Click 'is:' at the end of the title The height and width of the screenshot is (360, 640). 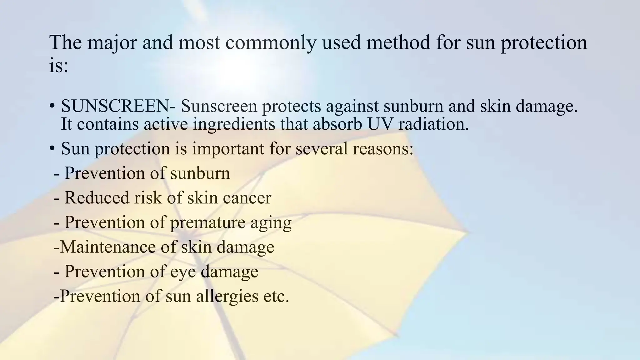(58, 66)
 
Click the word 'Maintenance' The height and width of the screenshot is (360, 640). (107, 247)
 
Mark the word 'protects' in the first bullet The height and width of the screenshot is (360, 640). (291, 107)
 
